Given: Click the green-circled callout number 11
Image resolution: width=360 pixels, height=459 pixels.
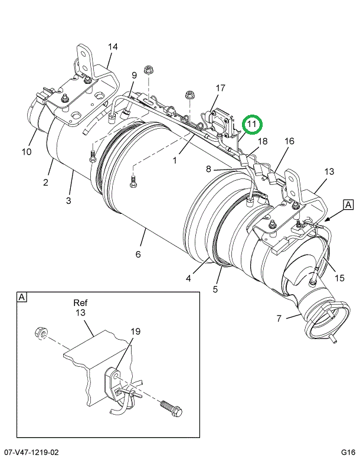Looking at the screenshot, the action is coord(252,124).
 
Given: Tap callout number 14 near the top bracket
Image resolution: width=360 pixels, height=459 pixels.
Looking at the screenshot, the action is coord(113,47).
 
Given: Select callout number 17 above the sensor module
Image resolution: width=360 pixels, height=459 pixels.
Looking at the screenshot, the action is coord(221,87).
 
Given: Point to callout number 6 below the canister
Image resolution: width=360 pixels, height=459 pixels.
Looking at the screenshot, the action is coord(138,254).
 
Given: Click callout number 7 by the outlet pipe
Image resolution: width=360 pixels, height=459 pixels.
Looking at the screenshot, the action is coord(279,318).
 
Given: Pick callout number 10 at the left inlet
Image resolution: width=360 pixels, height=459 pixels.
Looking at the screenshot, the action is coord(27,152).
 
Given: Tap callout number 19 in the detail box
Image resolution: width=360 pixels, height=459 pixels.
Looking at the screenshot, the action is coord(135,331).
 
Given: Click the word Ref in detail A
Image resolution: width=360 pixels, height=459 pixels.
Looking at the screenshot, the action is coord(80,302).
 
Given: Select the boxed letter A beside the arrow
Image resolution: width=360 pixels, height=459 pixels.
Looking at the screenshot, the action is coord(348,204).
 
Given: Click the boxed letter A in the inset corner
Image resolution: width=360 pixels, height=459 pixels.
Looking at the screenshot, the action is coord(22,297).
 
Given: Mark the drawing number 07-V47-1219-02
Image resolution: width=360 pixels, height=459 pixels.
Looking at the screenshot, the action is coord(30,453).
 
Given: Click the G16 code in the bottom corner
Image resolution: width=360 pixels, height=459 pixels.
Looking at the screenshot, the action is coord(348,453).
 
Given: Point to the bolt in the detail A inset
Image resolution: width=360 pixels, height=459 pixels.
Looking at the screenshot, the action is coord(171,408).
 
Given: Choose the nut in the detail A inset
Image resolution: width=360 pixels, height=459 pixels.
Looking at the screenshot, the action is coord(41,333).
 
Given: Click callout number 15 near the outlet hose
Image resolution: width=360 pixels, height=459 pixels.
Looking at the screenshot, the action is coord(339,278).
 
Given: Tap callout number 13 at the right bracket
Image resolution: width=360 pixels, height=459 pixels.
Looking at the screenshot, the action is coord(329,171).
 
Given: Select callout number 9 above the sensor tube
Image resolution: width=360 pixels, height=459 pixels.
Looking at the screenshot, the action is coord(134,75).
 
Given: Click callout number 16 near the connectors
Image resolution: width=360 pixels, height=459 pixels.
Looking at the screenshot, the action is coord(289,141).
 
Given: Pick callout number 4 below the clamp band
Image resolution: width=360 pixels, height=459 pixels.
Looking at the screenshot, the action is coord(188,278).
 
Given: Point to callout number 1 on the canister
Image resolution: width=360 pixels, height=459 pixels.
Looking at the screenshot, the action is coord(175,161).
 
